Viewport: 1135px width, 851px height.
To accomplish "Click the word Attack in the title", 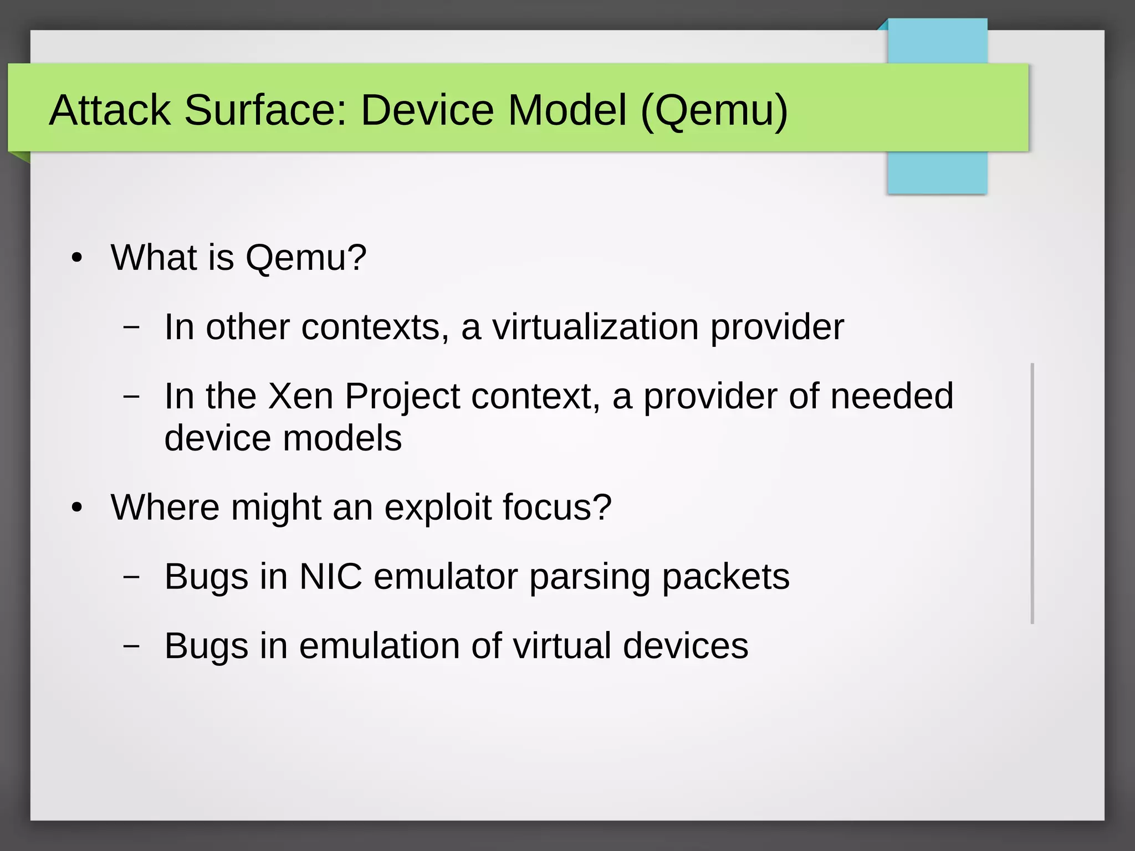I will [x=110, y=110].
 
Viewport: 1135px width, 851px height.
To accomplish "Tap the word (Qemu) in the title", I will [x=714, y=111].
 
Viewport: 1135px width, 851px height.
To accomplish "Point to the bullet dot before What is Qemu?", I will [x=77, y=258].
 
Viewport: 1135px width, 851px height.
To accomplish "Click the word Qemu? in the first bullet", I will [x=306, y=258].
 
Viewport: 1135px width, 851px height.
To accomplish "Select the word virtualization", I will [x=595, y=327].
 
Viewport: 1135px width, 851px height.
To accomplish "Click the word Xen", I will [x=300, y=396].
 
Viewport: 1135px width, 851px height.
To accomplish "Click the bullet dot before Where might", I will [x=77, y=507].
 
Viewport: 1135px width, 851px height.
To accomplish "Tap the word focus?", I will [x=557, y=507].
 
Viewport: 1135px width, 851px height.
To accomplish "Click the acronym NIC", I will [x=330, y=577].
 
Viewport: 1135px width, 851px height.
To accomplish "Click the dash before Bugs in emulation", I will [x=131, y=646].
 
